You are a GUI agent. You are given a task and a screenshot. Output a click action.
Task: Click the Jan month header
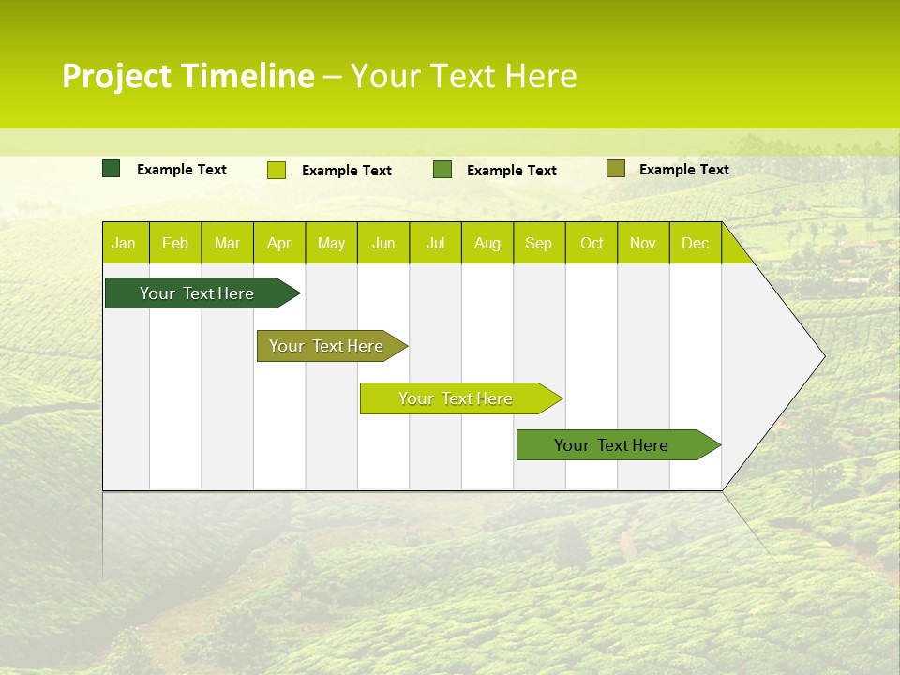point(125,243)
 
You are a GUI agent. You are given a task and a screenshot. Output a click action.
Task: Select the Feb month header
point(175,243)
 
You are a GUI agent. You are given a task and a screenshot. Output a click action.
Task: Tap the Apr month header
point(279,243)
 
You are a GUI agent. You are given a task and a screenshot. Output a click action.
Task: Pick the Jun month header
point(383,243)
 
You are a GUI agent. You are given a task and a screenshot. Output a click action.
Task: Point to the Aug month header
point(487,243)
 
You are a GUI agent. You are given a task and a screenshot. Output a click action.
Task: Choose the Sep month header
point(539,243)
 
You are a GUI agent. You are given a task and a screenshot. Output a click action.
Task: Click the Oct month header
point(592,243)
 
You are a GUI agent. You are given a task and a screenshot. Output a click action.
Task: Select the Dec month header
point(696,243)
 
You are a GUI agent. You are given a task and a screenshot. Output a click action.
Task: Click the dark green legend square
point(112,169)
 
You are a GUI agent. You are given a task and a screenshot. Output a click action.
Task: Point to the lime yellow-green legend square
point(277,170)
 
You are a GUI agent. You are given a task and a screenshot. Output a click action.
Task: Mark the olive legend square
point(615,169)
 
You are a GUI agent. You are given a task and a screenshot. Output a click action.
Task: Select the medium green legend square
point(442,170)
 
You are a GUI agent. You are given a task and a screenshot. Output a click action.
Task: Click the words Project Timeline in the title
point(188,76)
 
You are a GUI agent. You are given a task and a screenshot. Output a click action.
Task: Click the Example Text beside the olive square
point(683,169)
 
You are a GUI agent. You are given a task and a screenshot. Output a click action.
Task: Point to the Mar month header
point(227,243)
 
